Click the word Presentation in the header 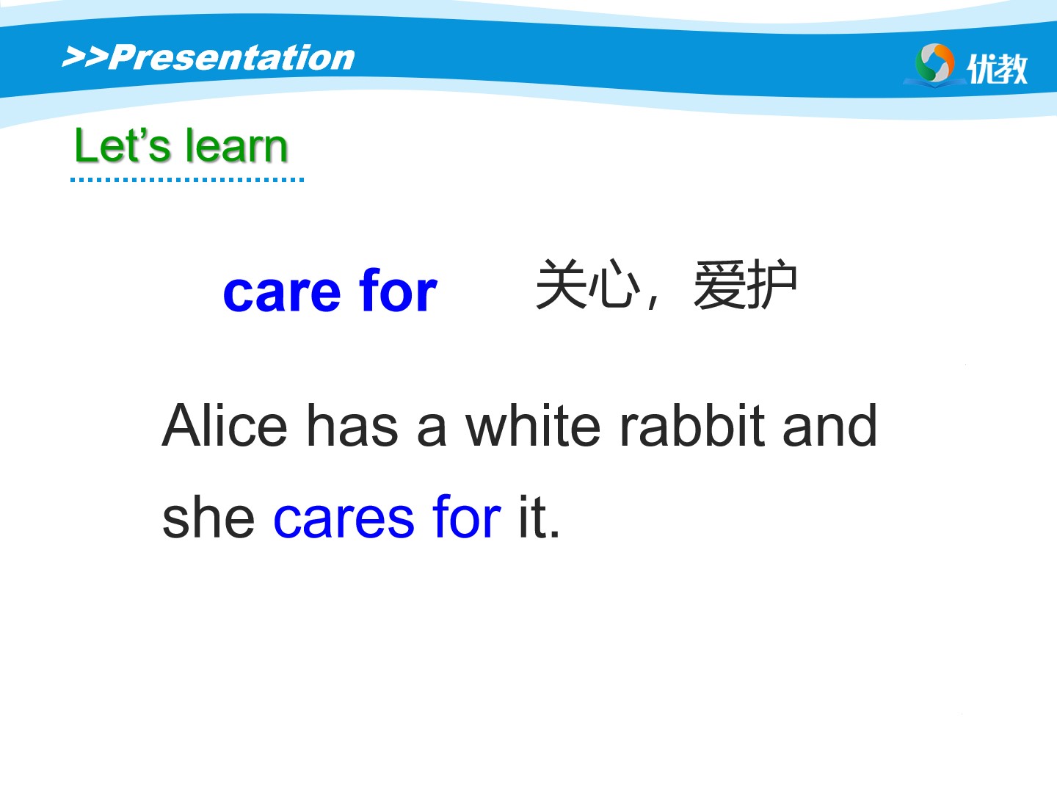click(x=232, y=58)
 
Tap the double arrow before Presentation click(x=85, y=57)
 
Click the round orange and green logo click(x=934, y=63)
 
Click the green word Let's click(x=123, y=145)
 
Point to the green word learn click(x=237, y=145)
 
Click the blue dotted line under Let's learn click(x=187, y=180)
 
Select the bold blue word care click(x=282, y=292)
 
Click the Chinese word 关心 click(x=588, y=283)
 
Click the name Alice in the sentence click(x=225, y=426)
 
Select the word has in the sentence click(x=352, y=426)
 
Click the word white click(x=533, y=426)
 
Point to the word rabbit click(x=692, y=426)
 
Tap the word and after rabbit click(x=829, y=426)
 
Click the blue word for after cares click(x=467, y=516)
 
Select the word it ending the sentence click(x=533, y=516)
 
